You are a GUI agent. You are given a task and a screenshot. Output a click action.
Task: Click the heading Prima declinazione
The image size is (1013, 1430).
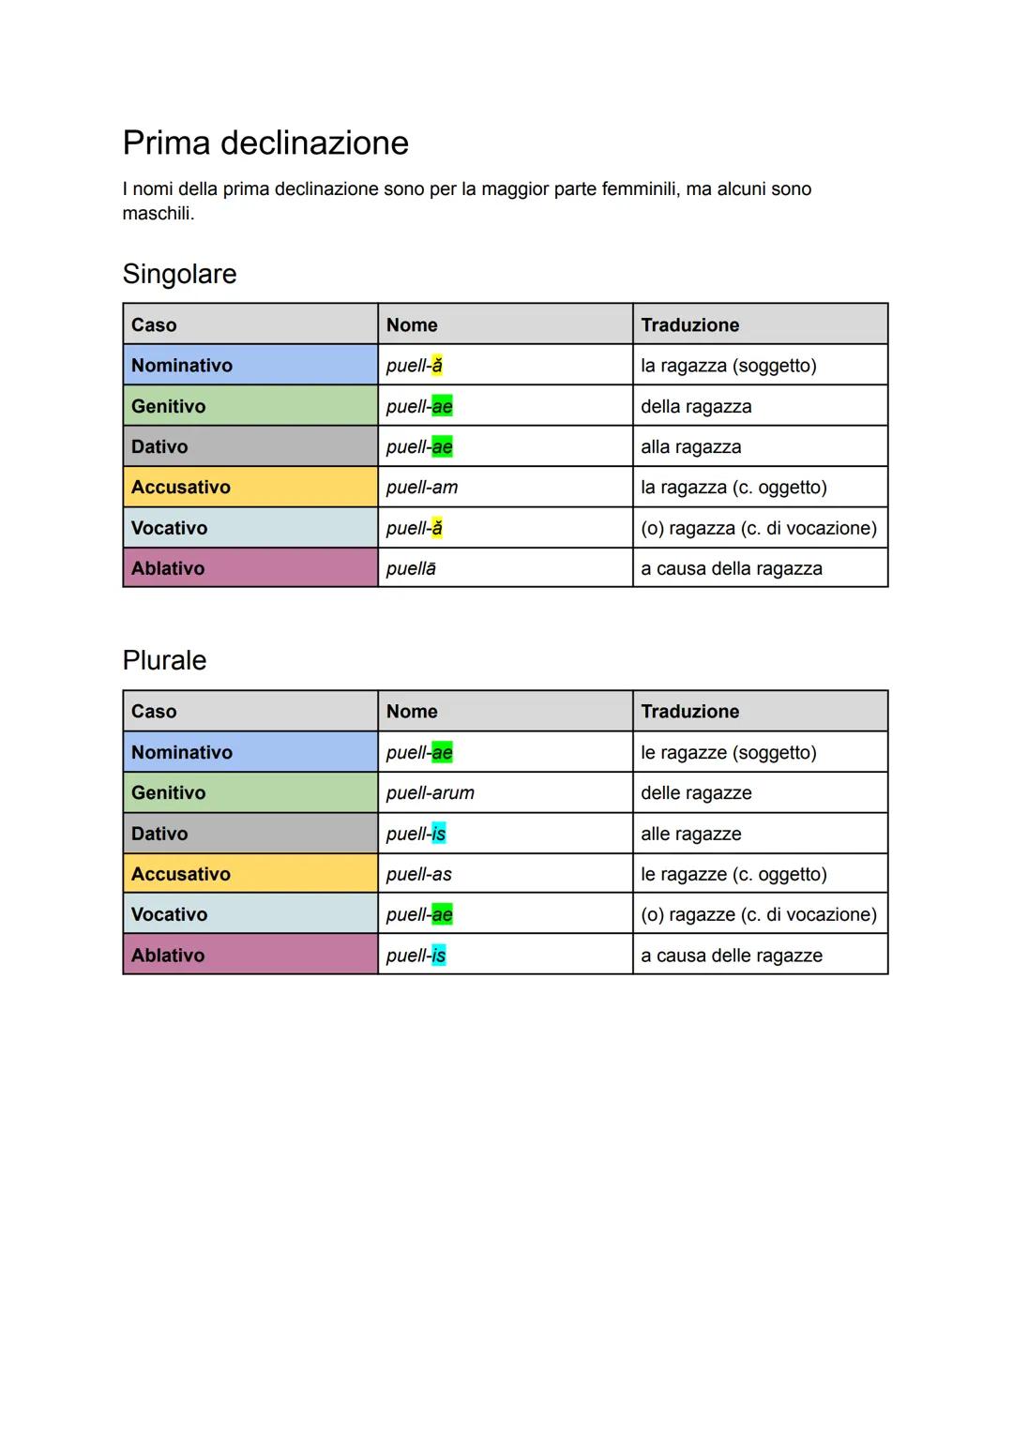pos(265,143)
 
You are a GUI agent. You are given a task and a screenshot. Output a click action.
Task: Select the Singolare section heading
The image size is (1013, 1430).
pos(179,275)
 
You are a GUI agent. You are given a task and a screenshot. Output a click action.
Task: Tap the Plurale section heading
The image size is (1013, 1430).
pos(164,660)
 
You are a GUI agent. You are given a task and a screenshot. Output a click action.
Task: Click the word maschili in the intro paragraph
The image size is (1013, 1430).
pos(158,214)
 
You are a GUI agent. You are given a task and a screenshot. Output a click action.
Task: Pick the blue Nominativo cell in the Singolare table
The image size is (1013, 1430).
pos(249,366)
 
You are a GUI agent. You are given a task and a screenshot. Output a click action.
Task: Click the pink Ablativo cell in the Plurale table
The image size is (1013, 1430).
pos(249,955)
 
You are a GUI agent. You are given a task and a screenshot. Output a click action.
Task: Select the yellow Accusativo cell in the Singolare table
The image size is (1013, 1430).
pos(249,488)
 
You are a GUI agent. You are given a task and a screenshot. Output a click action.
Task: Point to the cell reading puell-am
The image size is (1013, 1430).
pos(422,488)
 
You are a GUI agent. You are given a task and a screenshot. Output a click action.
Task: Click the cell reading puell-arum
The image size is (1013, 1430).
pos(431,793)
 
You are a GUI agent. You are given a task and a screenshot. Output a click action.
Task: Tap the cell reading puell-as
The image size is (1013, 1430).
pos(419,874)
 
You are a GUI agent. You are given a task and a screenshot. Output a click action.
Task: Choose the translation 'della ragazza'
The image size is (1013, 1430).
pos(696,407)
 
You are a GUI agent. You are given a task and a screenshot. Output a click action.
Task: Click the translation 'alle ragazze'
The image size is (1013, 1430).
pos(691,834)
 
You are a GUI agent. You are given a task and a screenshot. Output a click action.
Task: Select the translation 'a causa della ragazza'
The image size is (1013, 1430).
pos(732,569)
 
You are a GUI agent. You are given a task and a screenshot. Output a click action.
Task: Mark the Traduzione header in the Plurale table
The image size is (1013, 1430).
pos(690,712)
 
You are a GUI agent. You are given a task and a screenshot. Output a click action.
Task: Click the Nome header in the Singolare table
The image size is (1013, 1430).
pos(412,325)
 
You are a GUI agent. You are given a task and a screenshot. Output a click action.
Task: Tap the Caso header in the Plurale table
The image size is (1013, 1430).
pos(154,712)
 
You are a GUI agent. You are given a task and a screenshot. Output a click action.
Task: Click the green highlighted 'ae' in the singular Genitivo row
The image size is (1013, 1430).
pos(442,407)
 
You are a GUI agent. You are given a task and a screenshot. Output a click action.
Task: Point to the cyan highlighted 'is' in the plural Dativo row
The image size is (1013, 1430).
pos(439,834)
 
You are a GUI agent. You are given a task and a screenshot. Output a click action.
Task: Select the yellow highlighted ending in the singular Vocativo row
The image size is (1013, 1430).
pos(437,528)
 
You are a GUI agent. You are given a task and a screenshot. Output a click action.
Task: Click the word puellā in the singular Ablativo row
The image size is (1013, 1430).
pos(411,569)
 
